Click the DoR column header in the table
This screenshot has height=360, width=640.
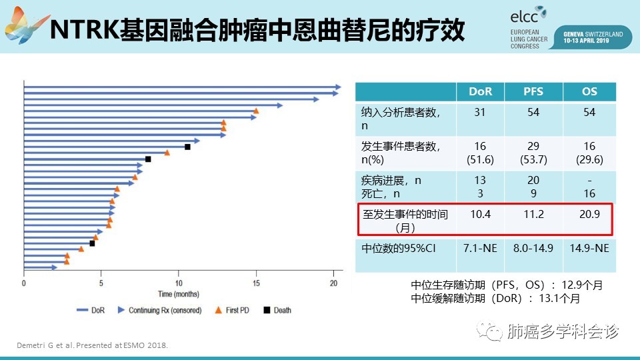pyautogui.click(x=480, y=91)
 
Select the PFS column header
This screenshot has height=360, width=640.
pyautogui.click(x=533, y=91)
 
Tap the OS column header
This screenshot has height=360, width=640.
pyautogui.click(x=589, y=91)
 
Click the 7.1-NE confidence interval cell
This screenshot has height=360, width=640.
pyautogui.click(x=480, y=248)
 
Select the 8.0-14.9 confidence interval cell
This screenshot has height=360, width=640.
pyautogui.click(x=533, y=248)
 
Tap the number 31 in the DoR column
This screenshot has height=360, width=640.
pyautogui.click(x=480, y=113)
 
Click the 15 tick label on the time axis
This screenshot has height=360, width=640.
pyautogui.click(x=256, y=283)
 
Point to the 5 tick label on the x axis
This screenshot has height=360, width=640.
pyautogui.click(x=101, y=283)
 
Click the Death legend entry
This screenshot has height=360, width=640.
pyautogui.click(x=278, y=310)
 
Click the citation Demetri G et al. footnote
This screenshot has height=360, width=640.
pyautogui.click(x=91, y=345)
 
